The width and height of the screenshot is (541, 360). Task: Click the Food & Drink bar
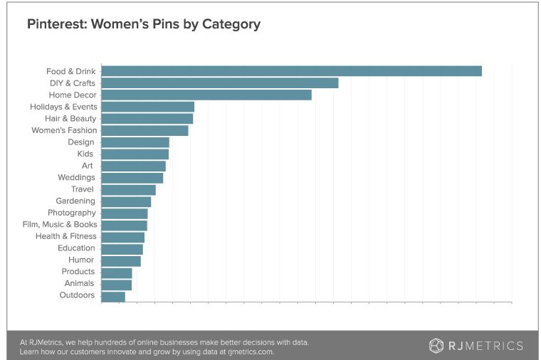pyautogui.click(x=291, y=71)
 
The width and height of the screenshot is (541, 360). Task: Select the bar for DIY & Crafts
pyautogui.click(x=219, y=83)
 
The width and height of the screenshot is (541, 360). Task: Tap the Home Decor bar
pyautogui.click(x=206, y=95)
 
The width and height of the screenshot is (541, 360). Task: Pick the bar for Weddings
pyautogui.click(x=132, y=177)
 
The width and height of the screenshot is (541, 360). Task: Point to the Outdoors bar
pyautogui.click(x=113, y=295)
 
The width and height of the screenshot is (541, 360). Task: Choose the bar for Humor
pyautogui.click(x=121, y=260)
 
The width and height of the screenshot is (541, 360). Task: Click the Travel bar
pyautogui.click(x=128, y=189)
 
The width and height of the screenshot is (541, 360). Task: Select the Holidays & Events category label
pyautogui.click(x=63, y=107)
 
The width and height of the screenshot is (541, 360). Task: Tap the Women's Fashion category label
pyautogui.click(x=63, y=130)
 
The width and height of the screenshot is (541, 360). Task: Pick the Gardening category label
pyautogui.click(x=75, y=201)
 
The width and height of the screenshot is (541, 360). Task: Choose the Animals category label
pyautogui.click(x=79, y=283)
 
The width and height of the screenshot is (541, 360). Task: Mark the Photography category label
pyautogui.click(x=71, y=213)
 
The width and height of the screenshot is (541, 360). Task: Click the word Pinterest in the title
pyautogui.click(x=56, y=25)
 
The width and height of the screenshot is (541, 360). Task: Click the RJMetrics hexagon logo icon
pyautogui.click(x=436, y=346)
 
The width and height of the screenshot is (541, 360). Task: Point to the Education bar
pyautogui.click(x=122, y=248)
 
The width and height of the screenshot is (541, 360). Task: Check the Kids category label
pyautogui.click(x=85, y=154)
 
